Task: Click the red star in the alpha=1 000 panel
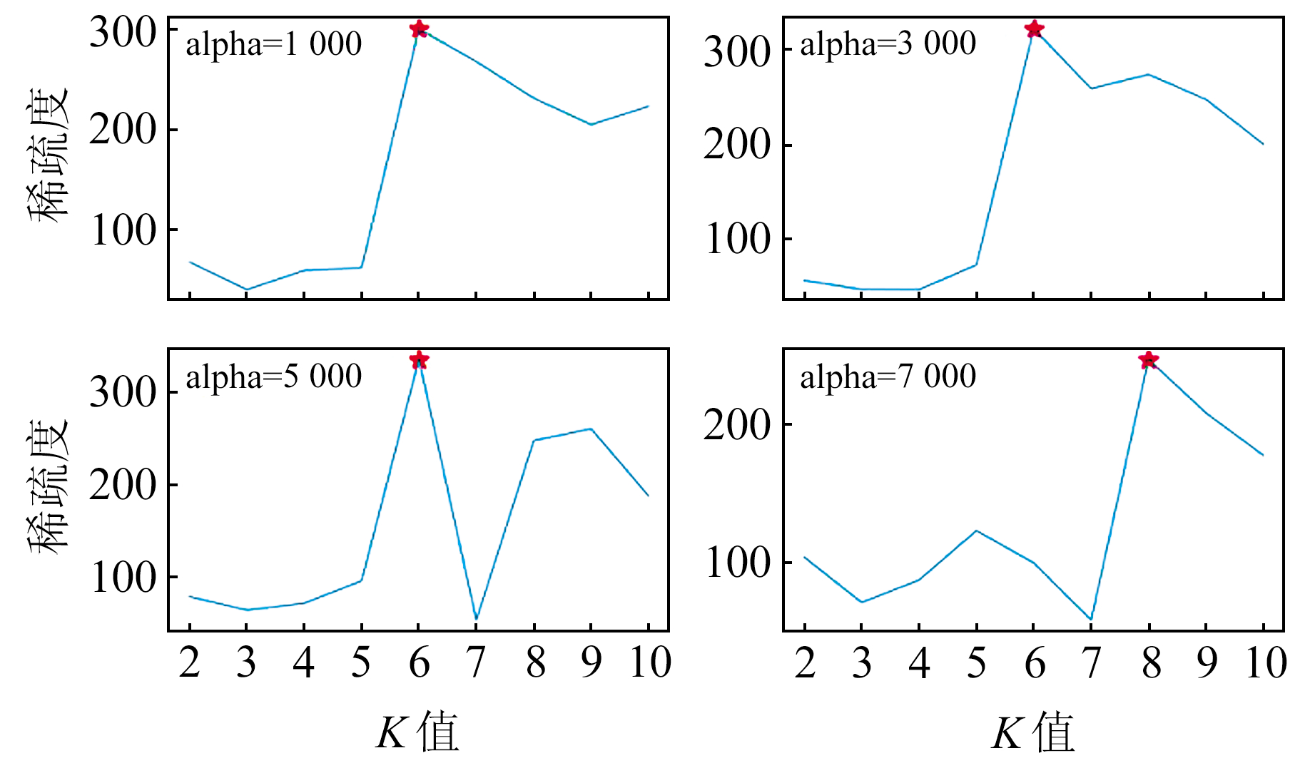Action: point(419,29)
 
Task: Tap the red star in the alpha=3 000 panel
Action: point(1034,29)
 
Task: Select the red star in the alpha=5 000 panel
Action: point(419,359)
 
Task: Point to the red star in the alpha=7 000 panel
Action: point(1148,360)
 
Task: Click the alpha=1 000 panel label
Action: point(274,44)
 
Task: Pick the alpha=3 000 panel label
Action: point(888,44)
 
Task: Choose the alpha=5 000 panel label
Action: point(274,377)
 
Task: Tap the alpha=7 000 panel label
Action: point(888,377)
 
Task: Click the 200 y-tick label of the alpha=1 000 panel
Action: point(123,130)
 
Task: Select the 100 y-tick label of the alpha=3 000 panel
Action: point(738,239)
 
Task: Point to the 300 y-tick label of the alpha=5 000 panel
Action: point(123,392)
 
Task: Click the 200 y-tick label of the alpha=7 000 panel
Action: point(738,425)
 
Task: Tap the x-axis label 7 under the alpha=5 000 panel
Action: point(476,662)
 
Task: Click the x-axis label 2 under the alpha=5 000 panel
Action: point(189,662)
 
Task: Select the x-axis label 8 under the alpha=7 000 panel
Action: point(1150,662)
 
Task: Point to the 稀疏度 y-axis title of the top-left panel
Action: point(49,155)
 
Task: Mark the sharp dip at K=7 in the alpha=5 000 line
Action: point(476,618)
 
